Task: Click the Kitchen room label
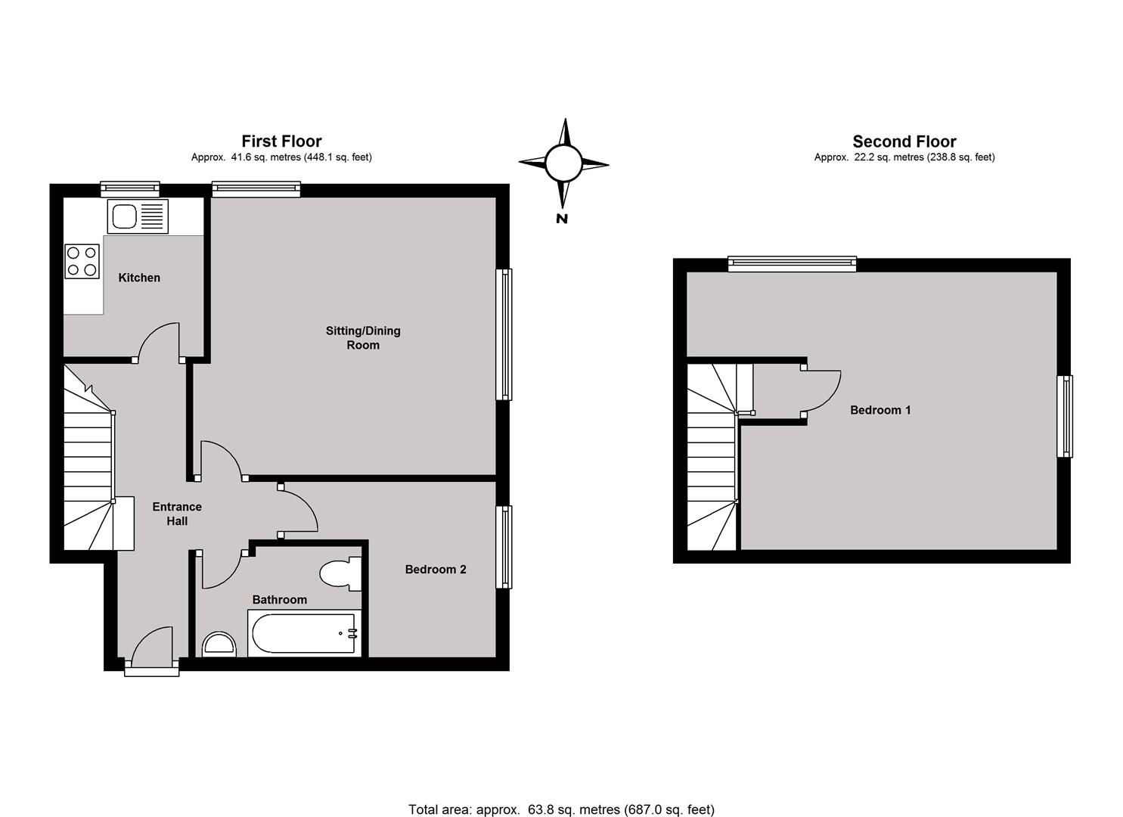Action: (x=139, y=278)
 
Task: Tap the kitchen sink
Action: (x=137, y=216)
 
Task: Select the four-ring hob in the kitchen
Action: (x=82, y=261)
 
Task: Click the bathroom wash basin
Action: (x=219, y=645)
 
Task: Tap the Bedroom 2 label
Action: (x=436, y=570)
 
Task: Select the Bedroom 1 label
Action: (x=880, y=410)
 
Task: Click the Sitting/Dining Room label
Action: (x=363, y=337)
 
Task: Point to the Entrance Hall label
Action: (x=177, y=514)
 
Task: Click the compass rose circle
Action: (x=563, y=163)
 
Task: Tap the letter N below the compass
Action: (x=562, y=219)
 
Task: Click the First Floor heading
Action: (x=281, y=141)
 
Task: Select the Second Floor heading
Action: (x=904, y=141)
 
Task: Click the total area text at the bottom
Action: (x=561, y=809)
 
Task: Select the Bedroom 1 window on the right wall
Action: (x=1065, y=416)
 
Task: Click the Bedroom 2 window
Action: (x=504, y=547)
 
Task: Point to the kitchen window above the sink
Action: (x=130, y=189)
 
